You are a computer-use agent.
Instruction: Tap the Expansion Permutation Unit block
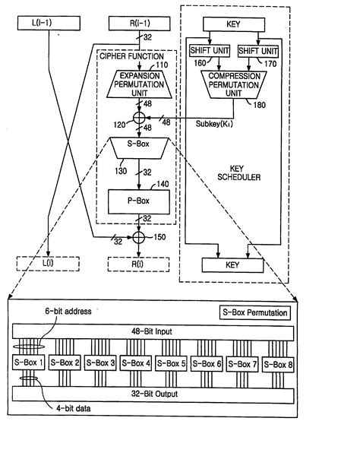[139, 82]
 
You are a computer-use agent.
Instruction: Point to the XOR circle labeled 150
[139, 238]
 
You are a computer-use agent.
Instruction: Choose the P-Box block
[139, 201]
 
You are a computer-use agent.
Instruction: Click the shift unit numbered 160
[208, 50]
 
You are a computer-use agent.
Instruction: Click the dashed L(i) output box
[47, 263]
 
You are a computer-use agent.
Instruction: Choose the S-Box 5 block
[173, 363]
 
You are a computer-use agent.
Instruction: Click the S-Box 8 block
[279, 363]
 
